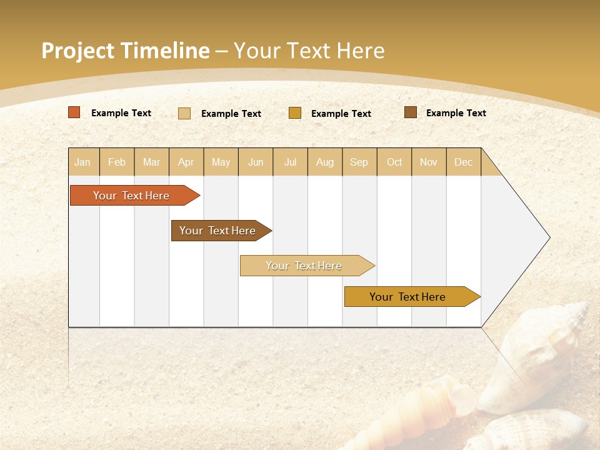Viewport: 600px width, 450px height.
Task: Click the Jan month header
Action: click(82, 162)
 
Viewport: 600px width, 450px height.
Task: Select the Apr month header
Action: click(186, 162)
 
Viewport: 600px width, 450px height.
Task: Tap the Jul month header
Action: click(290, 162)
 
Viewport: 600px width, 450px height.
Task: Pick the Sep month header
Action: click(359, 162)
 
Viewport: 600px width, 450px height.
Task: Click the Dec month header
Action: click(463, 162)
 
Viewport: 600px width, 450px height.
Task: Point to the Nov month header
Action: click(428, 162)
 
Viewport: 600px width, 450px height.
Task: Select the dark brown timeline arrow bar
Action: click(219, 231)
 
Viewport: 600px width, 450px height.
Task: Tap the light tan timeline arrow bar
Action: click(305, 266)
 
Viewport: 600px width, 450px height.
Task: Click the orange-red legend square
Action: click(74, 112)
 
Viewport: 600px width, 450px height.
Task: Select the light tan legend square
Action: click(184, 113)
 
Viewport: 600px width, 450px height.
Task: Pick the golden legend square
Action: click(295, 113)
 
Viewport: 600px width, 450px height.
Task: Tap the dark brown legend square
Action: click(410, 112)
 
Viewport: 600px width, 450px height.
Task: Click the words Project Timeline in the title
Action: click(125, 51)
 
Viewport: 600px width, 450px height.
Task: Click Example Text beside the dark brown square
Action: click(456, 113)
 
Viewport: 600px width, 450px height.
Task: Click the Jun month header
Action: click(256, 162)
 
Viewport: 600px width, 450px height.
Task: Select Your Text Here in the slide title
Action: click(309, 51)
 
